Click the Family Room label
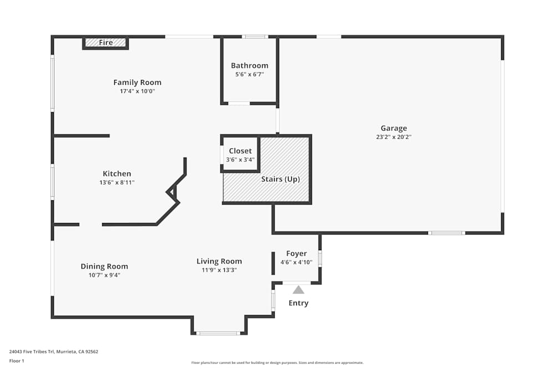point(137,83)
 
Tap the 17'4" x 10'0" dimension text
point(137,91)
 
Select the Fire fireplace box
point(105,43)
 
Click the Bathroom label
point(249,65)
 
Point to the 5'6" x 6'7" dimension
point(249,74)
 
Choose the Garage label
point(393,128)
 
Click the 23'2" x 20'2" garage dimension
point(393,136)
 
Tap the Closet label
point(240,151)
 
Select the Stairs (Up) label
point(280,179)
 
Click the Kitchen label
point(117,174)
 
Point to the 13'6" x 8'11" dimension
point(117,182)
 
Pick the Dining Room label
point(104,266)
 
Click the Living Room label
point(219,261)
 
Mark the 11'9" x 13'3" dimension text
point(219,270)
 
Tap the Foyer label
point(296,254)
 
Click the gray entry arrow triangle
point(299,290)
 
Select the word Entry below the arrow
point(299,303)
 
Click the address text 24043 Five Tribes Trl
point(53,351)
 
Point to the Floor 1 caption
point(17,361)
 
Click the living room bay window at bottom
point(219,333)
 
